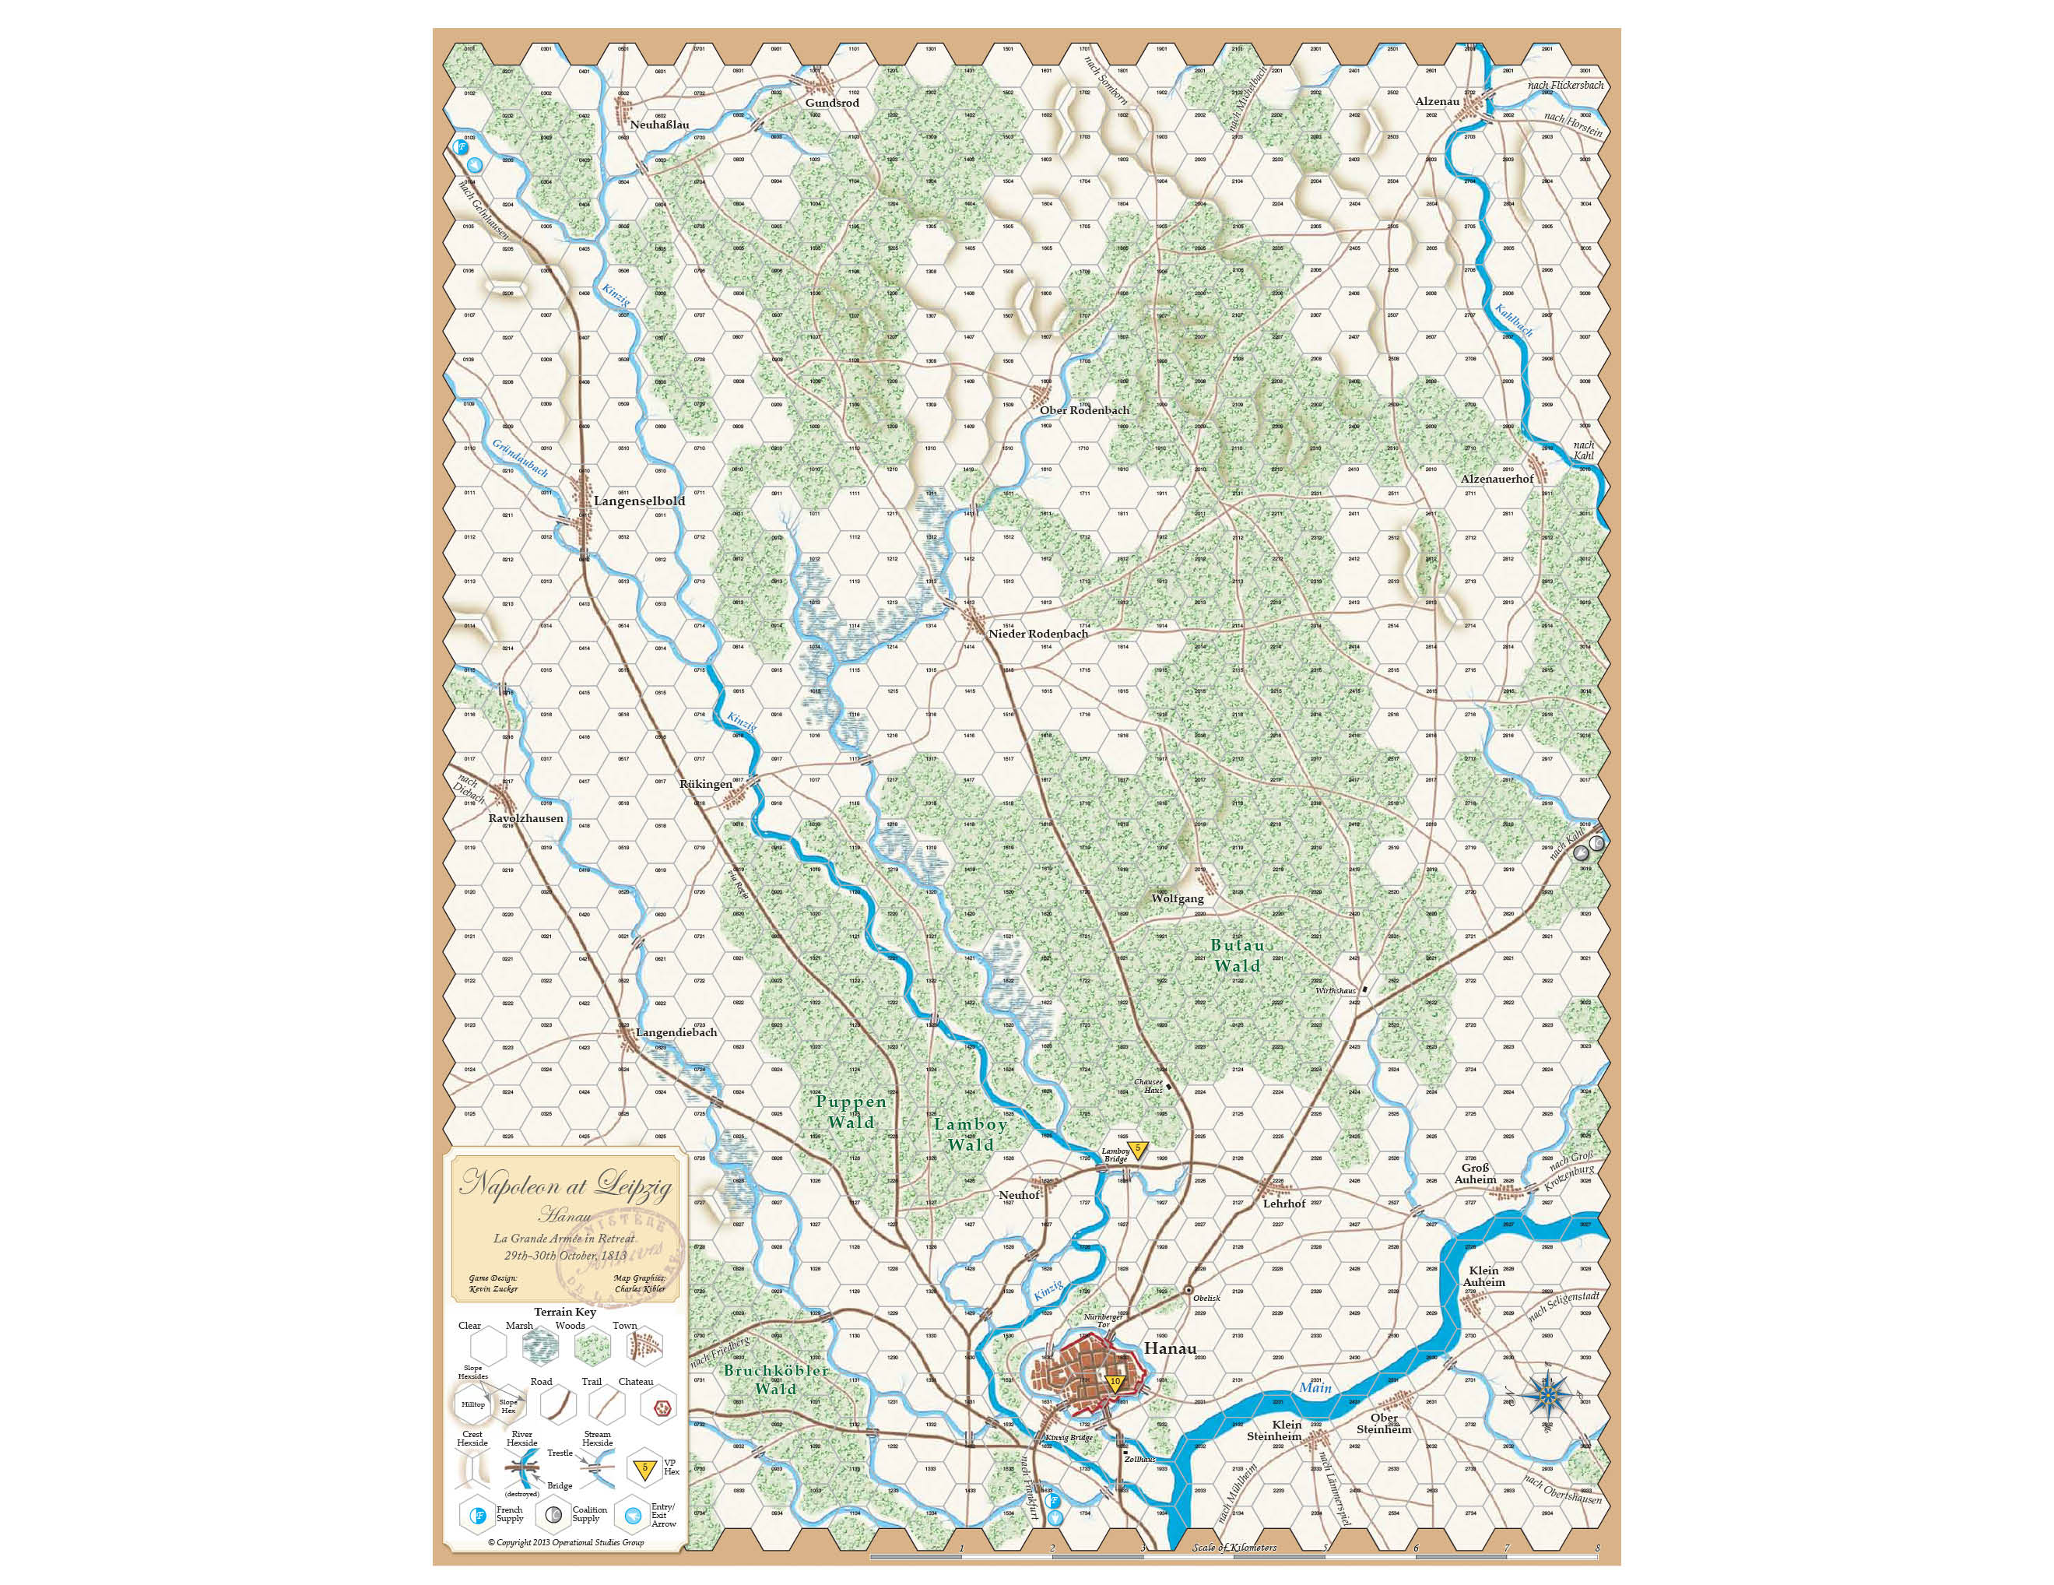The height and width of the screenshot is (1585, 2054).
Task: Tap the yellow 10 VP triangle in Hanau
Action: click(x=1115, y=1383)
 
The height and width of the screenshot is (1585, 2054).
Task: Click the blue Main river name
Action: click(x=1315, y=1387)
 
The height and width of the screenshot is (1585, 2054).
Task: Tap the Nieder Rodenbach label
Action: click(x=1038, y=633)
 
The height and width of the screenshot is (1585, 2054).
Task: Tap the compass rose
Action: click(x=1546, y=1395)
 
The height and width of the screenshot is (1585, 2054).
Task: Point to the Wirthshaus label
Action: click(x=1336, y=990)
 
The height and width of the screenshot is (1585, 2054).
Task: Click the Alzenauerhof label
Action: click(x=1496, y=479)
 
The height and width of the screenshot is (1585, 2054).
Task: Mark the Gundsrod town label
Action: click(x=832, y=103)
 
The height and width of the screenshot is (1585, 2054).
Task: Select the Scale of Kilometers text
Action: click(x=1234, y=1548)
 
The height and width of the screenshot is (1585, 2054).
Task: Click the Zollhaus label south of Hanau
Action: click(x=1139, y=1459)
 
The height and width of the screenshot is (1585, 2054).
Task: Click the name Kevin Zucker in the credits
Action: click(x=493, y=1288)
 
